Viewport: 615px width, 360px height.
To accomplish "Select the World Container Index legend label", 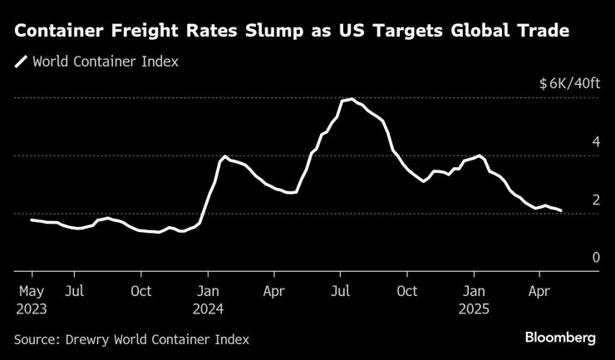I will tap(105, 62).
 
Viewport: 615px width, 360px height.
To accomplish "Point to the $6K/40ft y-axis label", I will tap(568, 84).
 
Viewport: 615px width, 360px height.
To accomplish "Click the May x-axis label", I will tap(32, 291).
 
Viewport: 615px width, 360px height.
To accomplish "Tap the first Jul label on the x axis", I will tap(74, 291).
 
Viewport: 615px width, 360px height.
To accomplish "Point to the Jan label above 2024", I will tap(208, 291).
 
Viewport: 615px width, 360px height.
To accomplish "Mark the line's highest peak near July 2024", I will tap(352, 99).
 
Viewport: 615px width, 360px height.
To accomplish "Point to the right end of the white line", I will tap(561, 210).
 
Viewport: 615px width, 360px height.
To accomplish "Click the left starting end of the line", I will tap(32, 219).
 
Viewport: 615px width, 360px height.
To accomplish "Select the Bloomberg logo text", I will tap(560, 338).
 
